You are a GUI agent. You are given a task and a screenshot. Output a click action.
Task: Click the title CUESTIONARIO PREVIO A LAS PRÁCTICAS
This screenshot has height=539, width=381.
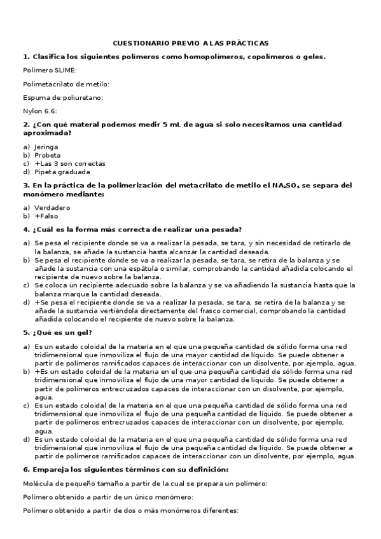point(190,43)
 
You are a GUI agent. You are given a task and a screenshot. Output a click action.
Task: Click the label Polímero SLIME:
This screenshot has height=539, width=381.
point(50,70)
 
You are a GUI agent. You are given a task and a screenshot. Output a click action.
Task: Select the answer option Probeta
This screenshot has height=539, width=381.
point(48,155)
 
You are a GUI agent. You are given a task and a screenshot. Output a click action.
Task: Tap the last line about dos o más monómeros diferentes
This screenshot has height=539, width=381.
point(130,510)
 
